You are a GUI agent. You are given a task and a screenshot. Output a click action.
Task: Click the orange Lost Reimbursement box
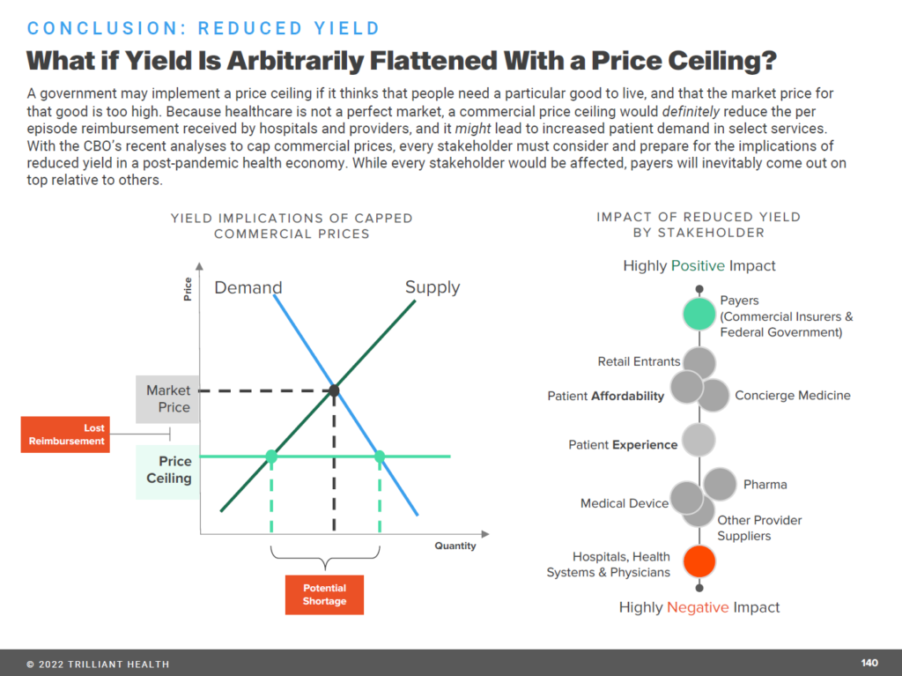64,435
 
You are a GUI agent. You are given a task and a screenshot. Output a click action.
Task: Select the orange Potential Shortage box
324,595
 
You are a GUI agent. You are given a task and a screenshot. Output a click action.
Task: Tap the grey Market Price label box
167,398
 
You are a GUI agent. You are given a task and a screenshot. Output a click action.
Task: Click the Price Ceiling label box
167,471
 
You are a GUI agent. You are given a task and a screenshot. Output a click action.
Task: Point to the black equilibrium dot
334,390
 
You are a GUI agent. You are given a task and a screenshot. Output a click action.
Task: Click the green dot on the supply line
271,457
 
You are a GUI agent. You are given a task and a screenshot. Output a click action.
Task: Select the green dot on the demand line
380,457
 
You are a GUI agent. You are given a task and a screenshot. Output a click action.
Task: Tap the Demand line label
248,287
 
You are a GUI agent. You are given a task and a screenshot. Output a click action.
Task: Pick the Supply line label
432,287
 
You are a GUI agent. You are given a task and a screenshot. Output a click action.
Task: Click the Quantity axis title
455,546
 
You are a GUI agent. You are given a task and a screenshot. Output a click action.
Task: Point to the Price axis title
188,290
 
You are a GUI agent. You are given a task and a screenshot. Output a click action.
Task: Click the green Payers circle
699,313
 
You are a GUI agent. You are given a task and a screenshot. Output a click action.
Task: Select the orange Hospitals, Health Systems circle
699,560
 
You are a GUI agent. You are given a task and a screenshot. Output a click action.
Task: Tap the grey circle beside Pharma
721,484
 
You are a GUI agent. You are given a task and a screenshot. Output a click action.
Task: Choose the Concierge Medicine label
792,396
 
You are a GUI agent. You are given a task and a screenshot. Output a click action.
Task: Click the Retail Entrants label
639,361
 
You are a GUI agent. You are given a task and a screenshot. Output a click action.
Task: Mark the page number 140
869,663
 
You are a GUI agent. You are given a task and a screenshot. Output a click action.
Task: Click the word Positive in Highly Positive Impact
698,265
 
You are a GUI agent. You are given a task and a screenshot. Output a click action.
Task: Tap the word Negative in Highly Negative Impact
698,607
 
